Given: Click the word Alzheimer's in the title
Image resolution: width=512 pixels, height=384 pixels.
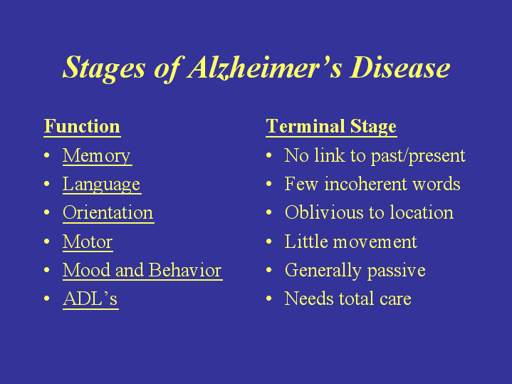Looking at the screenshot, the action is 265,68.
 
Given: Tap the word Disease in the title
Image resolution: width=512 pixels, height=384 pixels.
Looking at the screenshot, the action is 400,67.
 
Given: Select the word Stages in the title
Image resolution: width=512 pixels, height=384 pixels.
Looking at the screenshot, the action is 104,68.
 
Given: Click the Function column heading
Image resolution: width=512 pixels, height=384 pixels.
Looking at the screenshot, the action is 82,126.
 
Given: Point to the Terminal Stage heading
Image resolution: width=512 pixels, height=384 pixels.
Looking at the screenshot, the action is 331,127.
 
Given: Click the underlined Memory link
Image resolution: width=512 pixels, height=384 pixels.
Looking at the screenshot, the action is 97,156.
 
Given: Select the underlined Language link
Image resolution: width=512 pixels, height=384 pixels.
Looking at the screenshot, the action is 102,185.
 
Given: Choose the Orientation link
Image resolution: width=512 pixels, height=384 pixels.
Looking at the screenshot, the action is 108,213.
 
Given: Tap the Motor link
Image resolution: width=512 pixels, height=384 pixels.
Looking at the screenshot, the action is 88,242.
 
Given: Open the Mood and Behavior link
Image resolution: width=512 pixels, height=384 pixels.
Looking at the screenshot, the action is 142,270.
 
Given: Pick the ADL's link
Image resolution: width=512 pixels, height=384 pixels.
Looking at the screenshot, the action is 90,299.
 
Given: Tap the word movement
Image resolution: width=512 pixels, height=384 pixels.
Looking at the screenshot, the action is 375,242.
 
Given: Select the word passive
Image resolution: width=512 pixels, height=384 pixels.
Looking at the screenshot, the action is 397,271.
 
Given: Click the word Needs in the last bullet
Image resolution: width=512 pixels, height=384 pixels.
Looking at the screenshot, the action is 309,299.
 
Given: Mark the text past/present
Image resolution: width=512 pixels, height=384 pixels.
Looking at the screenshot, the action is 418,156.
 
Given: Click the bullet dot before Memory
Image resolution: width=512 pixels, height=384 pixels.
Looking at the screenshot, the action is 47,155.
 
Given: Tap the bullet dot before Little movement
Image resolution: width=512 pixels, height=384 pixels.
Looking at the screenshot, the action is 268,242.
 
